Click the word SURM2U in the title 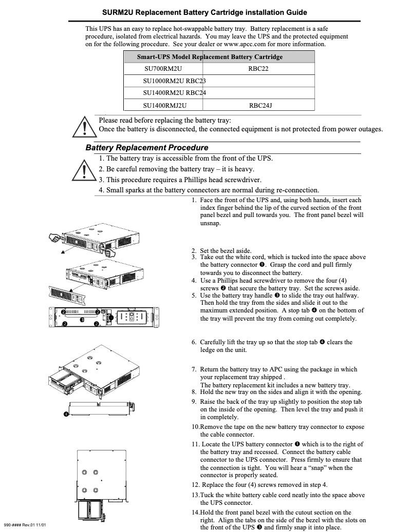[119, 12]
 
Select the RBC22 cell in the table [258, 68]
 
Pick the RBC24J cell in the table [260, 105]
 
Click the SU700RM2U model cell [163, 68]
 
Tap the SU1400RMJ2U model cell [164, 105]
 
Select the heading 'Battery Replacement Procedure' [147, 148]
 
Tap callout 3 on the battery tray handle [82, 320]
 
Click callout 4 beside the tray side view [66, 414]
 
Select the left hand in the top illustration [55, 238]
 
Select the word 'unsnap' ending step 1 [209, 224]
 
